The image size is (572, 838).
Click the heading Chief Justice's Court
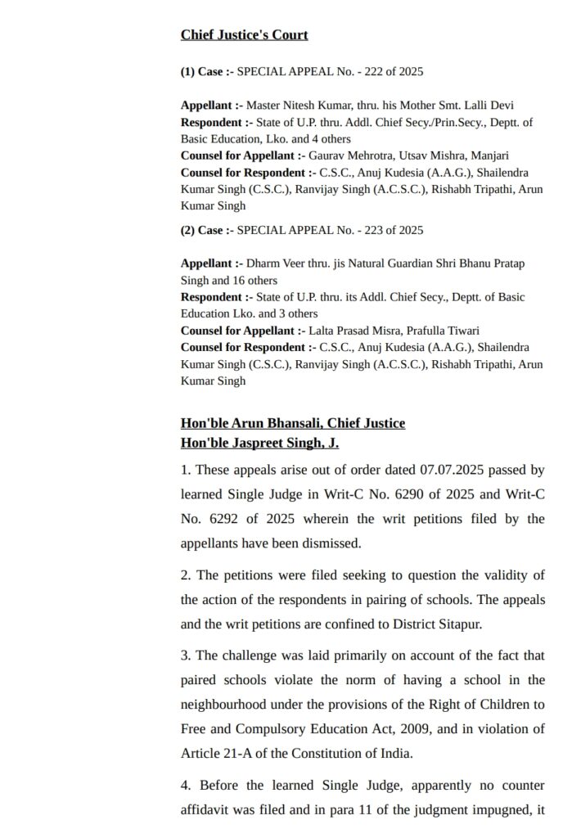(244, 35)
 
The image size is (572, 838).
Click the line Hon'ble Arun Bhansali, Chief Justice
(293, 423)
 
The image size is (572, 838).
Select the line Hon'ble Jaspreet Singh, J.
(259, 443)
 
